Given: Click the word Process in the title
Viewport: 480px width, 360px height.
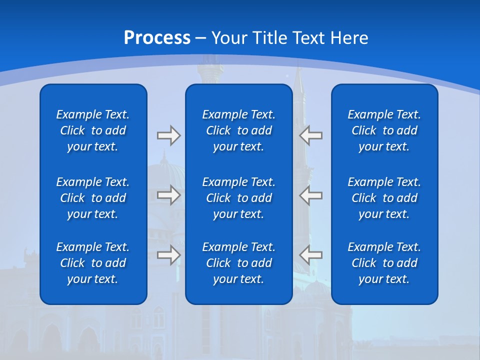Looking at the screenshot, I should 157,38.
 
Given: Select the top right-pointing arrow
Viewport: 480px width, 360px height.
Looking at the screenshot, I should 168,135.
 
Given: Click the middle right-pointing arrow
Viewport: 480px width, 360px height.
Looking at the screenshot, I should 168,195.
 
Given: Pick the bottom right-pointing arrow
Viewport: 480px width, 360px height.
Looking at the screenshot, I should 168,255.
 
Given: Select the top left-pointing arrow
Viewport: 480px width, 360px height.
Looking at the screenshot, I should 311,135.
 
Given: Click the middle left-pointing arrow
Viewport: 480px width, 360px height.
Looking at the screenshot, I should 311,195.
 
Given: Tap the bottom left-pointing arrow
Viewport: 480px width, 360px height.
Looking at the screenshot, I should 311,255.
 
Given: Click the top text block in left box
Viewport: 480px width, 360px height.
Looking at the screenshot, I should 93,130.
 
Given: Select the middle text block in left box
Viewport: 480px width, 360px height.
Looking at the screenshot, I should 93,198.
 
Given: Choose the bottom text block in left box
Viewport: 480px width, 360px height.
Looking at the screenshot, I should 93,263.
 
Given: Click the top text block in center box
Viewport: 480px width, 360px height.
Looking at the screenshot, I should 238,130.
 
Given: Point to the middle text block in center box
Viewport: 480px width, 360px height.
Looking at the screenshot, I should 238,198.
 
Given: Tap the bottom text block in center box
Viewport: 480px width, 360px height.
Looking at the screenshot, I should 238,263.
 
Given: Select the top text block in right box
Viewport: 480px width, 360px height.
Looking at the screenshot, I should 384,130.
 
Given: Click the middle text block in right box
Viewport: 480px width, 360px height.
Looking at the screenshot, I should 384,198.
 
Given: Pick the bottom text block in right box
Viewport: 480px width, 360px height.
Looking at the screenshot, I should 384,263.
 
